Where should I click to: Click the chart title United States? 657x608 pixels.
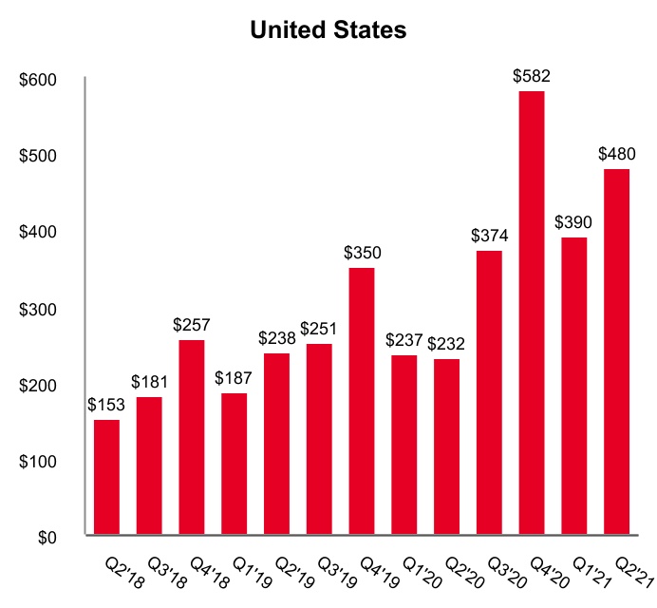[x=328, y=30]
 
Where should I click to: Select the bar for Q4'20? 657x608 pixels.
[x=532, y=313]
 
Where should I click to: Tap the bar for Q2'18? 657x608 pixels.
[x=107, y=478]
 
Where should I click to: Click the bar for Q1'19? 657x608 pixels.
[x=235, y=465]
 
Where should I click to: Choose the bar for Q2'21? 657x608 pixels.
[x=616, y=352]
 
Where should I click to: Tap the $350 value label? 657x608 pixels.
[x=362, y=254]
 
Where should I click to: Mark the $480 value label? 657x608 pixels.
[x=616, y=154]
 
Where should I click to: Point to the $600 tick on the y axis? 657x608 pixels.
[x=39, y=80]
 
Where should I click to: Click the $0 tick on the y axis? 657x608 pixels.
[x=47, y=538]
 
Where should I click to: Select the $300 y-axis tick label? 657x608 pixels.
[x=39, y=310]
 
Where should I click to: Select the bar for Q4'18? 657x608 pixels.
[x=192, y=438]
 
